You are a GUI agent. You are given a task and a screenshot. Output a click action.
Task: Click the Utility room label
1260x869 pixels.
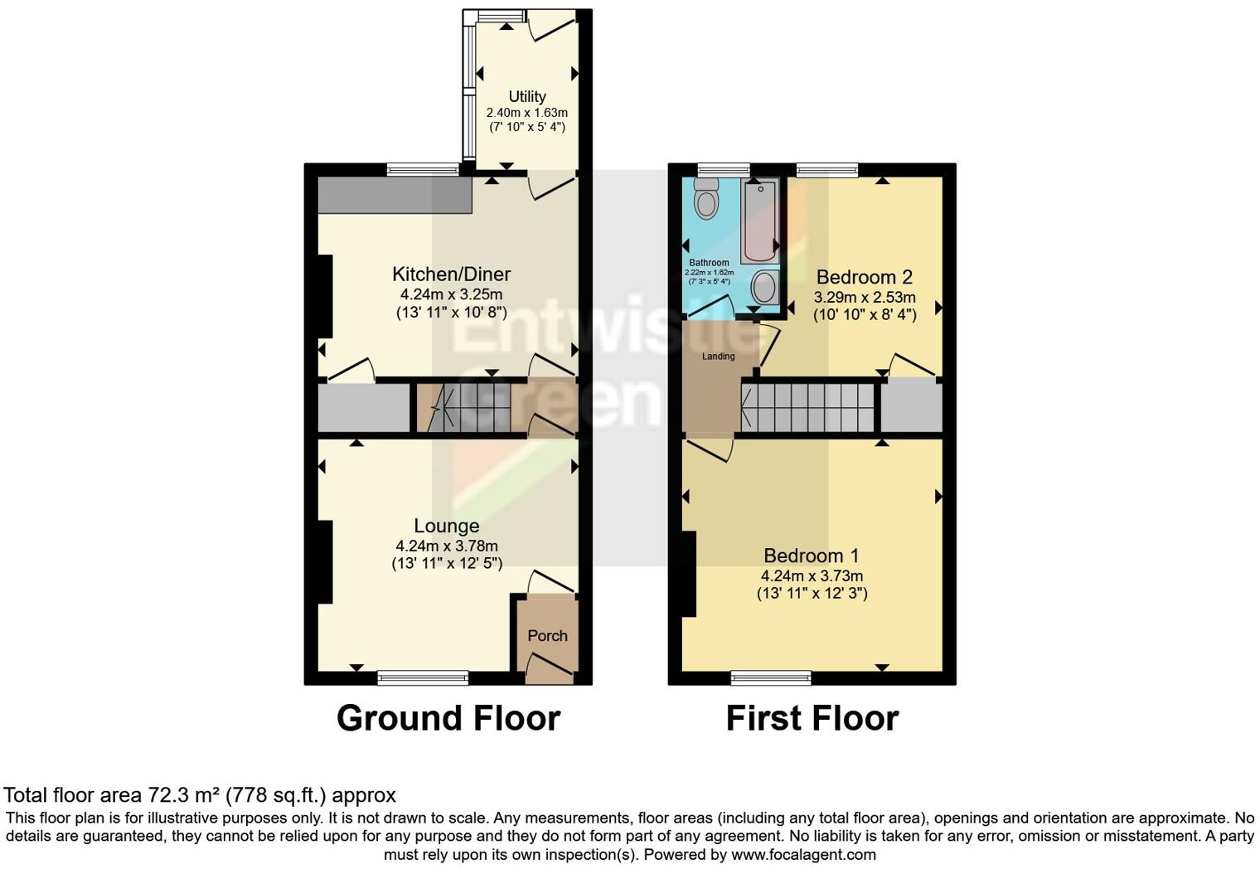[527, 96]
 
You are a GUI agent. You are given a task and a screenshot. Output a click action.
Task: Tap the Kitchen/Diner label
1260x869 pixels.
[451, 274]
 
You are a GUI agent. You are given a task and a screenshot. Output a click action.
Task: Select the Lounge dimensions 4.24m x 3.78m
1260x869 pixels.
[447, 546]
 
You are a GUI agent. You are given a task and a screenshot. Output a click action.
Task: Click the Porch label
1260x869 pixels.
[547, 636]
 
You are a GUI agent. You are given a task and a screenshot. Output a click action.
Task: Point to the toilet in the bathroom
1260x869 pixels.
[706, 201]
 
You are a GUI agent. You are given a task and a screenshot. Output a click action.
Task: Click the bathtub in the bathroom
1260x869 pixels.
[758, 222]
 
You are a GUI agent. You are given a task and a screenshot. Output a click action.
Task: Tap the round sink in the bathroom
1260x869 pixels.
[763, 289]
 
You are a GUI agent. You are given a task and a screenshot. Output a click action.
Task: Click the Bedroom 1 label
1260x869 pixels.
[812, 556]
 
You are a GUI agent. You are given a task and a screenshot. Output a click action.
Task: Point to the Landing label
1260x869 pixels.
[718, 357]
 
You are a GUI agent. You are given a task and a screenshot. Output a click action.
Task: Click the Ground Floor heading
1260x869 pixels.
[448, 718]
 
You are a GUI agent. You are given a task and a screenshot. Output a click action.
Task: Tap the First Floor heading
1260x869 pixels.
[812, 718]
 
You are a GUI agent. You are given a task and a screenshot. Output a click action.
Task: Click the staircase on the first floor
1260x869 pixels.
[808, 408]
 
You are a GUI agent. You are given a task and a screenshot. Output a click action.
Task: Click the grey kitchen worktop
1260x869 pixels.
[395, 196]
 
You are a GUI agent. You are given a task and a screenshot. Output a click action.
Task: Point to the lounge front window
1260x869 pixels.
[423, 677]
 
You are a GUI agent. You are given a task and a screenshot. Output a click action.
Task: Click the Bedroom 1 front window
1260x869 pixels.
[771, 677]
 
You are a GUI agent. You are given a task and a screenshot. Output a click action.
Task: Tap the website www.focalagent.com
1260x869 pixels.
[802, 854]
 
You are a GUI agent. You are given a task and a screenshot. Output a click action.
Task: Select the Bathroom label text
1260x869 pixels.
[709, 263]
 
